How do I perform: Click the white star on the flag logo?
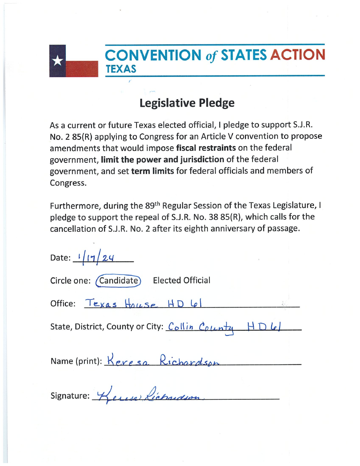coord(58,61)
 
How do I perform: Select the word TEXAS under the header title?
coord(121,69)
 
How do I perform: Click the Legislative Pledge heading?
coord(187,103)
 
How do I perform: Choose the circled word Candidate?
coord(118,280)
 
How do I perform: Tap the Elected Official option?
coord(182,280)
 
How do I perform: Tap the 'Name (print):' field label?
coord(76,361)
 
